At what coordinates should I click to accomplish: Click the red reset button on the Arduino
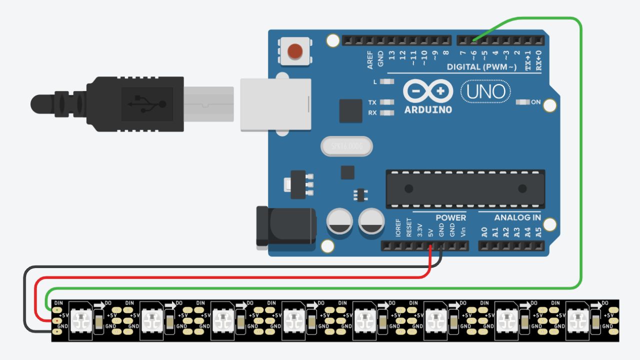295,51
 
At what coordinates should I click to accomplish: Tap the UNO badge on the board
485,91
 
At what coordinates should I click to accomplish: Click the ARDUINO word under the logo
428,109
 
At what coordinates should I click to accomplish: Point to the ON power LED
522,102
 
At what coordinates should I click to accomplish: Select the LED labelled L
386,81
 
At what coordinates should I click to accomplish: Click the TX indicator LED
386,102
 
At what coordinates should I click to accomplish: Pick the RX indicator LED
386,113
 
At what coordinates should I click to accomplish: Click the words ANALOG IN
517,217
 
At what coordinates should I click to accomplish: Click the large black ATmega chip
465,188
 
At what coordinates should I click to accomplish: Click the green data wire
580,150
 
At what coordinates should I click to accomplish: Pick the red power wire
230,277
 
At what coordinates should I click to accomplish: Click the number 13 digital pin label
392,54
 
